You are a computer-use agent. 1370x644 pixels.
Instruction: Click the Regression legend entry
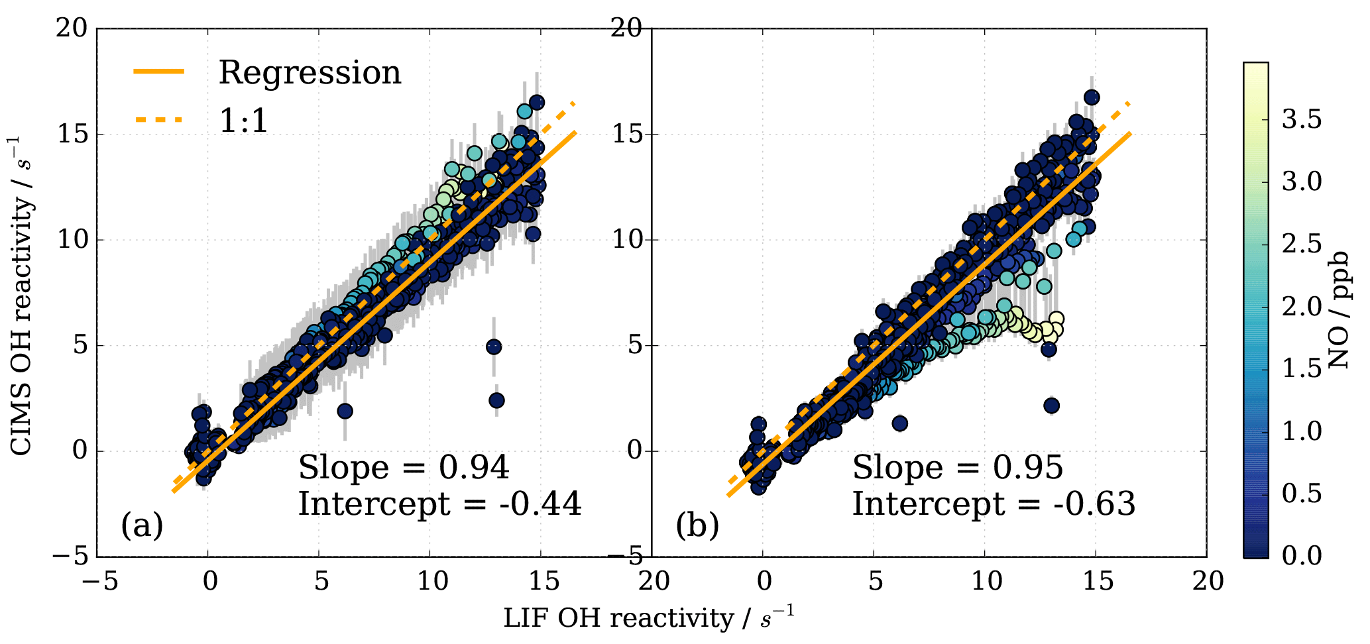(310, 72)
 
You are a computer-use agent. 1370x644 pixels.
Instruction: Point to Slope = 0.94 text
(404, 468)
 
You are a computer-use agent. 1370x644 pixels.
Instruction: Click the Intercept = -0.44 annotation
(439, 504)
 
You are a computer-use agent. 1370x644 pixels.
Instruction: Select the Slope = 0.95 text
(958, 468)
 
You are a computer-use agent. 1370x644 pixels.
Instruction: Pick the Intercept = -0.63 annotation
(994, 504)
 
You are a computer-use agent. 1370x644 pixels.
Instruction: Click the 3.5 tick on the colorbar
(1300, 119)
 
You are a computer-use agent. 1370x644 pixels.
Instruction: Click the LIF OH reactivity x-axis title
(648, 618)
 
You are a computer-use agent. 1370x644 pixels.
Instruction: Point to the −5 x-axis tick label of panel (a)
(97, 582)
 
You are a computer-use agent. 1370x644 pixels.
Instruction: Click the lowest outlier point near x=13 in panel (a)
(496, 400)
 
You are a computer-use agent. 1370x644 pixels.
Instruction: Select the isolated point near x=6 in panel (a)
(345, 411)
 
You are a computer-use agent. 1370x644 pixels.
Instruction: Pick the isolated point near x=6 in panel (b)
(899, 423)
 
